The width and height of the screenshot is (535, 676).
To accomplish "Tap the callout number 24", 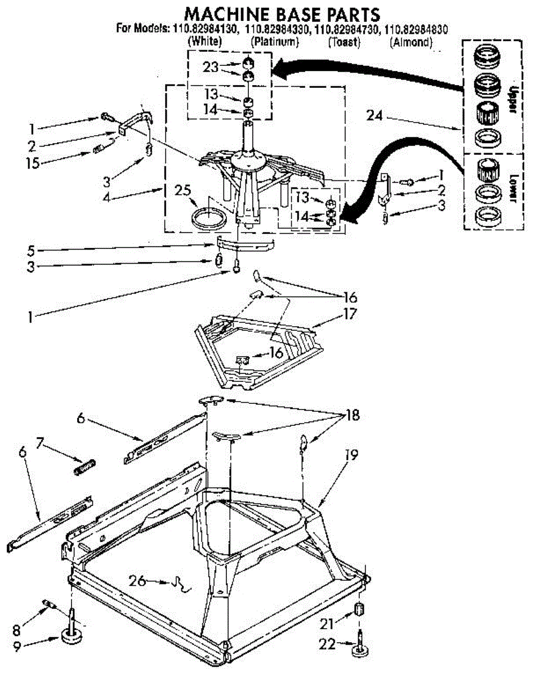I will (374, 117).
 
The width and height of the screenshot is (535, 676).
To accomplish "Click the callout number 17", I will (350, 313).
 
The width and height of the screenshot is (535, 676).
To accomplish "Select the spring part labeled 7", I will (85, 468).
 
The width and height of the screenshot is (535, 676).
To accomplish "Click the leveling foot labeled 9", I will (72, 637).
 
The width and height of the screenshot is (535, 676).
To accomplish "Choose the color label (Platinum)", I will (274, 42).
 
